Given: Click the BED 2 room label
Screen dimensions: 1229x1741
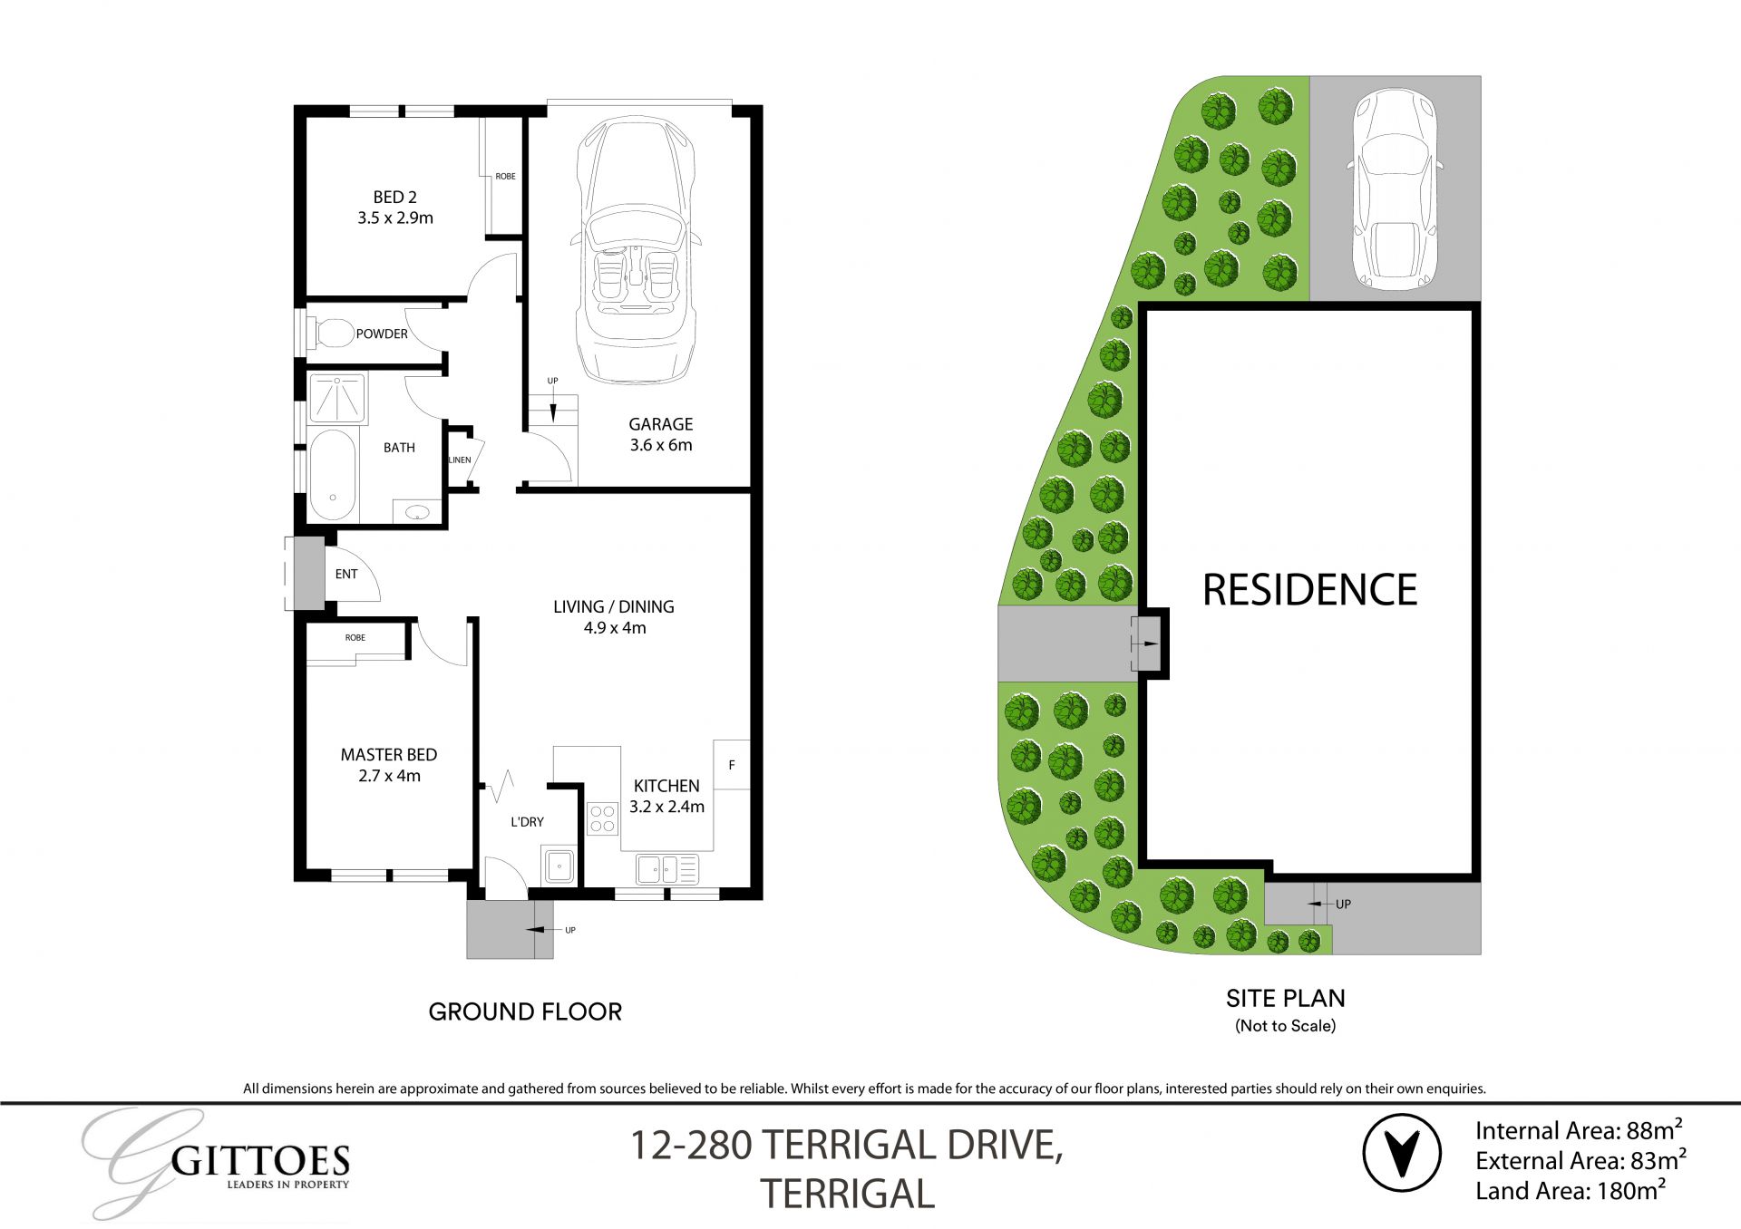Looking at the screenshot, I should tap(394, 198).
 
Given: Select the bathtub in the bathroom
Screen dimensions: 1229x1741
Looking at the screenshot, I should tap(332, 475).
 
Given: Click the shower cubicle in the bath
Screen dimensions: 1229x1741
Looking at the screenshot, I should tap(337, 398).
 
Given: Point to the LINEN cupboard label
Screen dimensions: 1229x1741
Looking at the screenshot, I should tap(460, 460).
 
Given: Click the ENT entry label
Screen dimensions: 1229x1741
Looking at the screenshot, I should tap(345, 574).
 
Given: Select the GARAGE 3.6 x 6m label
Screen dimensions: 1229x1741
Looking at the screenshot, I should tap(660, 434).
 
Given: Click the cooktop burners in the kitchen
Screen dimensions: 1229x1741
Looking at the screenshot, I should tap(602, 818).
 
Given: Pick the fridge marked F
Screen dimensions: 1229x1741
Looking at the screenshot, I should tap(731, 765).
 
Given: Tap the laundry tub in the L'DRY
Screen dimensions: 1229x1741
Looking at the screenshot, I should tap(559, 866).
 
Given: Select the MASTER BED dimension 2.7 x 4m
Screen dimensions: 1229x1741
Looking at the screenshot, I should tap(389, 776).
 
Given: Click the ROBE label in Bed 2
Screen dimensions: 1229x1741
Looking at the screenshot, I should tap(505, 177).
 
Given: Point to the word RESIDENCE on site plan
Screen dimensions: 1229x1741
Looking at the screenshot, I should tap(1308, 590).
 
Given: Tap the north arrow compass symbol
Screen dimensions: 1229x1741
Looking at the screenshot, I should tap(1401, 1153).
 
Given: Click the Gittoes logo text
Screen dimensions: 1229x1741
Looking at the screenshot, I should tap(259, 1161).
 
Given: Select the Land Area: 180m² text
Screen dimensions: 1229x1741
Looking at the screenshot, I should tap(1570, 1191).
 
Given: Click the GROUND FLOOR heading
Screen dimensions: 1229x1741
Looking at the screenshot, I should tap(525, 1011).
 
